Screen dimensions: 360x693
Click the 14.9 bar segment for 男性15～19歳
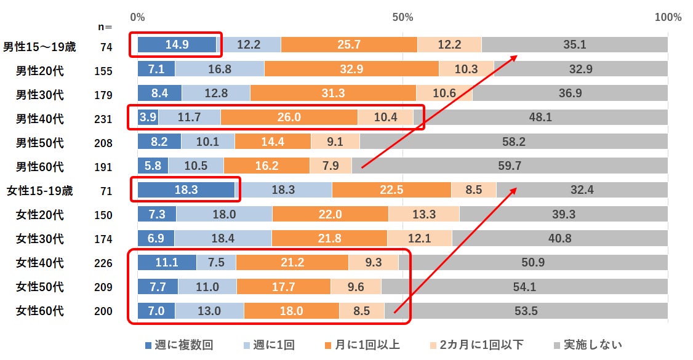(x=177, y=44)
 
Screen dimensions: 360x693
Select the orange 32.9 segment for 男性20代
(x=351, y=69)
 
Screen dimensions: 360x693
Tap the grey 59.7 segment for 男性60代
(x=509, y=166)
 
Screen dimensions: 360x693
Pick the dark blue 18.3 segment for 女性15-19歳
(x=186, y=190)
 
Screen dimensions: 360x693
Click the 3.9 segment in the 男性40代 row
(x=148, y=117)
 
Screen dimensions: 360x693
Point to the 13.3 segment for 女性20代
(x=423, y=214)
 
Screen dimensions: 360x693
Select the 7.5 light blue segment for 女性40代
(x=216, y=263)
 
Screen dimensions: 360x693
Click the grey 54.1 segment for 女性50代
(x=524, y=287)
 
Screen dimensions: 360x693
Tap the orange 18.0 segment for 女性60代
(x=291, y=311)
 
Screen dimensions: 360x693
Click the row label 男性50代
(x=40, y=143)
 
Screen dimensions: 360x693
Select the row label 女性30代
(x=40, y=239)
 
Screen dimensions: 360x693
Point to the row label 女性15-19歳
(x=40, y=191)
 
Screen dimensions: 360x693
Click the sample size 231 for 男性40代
(x=103, y=119)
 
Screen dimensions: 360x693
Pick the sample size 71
(x=106, y=191)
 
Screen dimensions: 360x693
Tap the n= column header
(x=105, y=27)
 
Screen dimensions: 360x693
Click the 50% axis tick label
(x=403, y=17)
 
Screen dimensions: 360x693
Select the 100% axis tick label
(x=668, y=17)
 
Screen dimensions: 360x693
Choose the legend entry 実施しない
(x=587, y=345)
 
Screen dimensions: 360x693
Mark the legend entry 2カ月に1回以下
(x=477, y=345)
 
